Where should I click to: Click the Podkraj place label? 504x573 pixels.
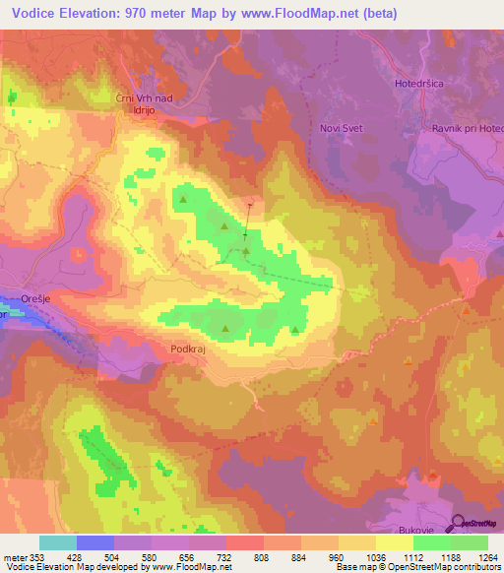click(x=187, y=349)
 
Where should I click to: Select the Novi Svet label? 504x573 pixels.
click(x=342, y=129)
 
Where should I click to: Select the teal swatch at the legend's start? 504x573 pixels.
click(x=58, y=541)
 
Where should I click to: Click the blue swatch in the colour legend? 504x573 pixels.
click(x=95, y=541)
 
